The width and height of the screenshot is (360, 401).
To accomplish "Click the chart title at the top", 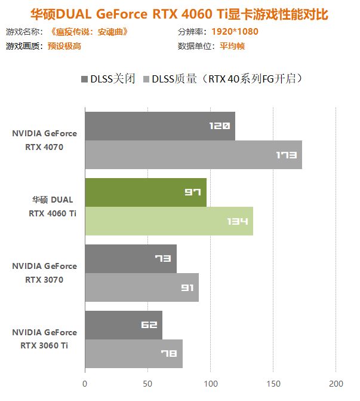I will [x=179, y=13].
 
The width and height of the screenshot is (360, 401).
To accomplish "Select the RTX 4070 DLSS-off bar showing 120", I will [x=159, y=125].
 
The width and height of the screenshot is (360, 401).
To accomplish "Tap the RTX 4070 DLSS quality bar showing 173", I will [x=193, y=155].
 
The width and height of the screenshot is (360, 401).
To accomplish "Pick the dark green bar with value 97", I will [x=145, y=192].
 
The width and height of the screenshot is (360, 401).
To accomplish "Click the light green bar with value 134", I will [x=168, y=221].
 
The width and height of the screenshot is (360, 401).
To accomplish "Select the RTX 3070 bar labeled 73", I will [x=130, y=259].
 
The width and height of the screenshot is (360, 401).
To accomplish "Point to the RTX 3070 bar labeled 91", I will [x=141, y=287].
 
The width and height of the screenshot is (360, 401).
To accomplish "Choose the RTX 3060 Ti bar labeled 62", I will [x=123, y=325].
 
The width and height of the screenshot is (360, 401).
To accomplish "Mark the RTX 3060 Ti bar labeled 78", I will [x=133, y=354].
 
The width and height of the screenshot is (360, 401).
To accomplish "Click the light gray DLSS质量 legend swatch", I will [x=146, y=78].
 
